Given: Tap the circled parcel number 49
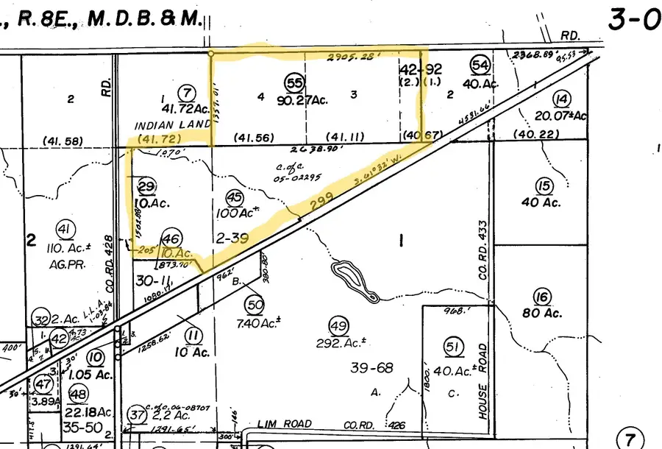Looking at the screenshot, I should [x=338, y=325].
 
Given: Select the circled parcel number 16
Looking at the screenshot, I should [x=542, y=297].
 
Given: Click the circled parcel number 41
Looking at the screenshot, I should [x=66, y=229].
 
